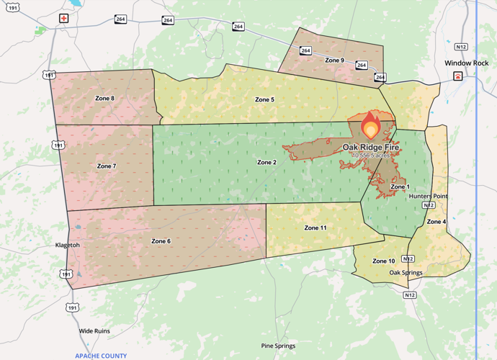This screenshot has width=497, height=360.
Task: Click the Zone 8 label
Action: click(x=104, y=98)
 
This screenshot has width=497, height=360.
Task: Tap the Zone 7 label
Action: click(x=106, y=166)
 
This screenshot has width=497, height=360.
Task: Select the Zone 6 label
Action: click(x=161, y=240)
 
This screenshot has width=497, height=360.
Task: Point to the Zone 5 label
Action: click(x=264, y=99)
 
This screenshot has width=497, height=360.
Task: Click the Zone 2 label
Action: click(x=267, y=162)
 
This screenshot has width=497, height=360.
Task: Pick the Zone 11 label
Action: click(x=315, y=228)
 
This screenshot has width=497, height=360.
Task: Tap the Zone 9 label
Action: click(x=334, y=60)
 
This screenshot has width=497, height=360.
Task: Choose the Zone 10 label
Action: click(x=383, y=261)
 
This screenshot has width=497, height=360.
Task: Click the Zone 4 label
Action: click(x=436, y=222)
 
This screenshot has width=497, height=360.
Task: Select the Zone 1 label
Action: click(x=400, y=186)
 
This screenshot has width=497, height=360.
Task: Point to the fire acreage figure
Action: click(x=371, y=155)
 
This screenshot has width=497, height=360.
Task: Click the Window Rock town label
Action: click(x=466, y=63)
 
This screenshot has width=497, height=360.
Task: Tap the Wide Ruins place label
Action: click(x=94, y=331)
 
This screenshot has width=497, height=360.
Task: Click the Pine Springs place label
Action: click(x=278, y=346)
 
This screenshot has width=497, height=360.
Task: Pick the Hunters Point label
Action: click(x=428, y=196)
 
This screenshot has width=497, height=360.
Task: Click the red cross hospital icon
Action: click(x=64, y=18)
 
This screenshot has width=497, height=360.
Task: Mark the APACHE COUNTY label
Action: click(x=101, y=356)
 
